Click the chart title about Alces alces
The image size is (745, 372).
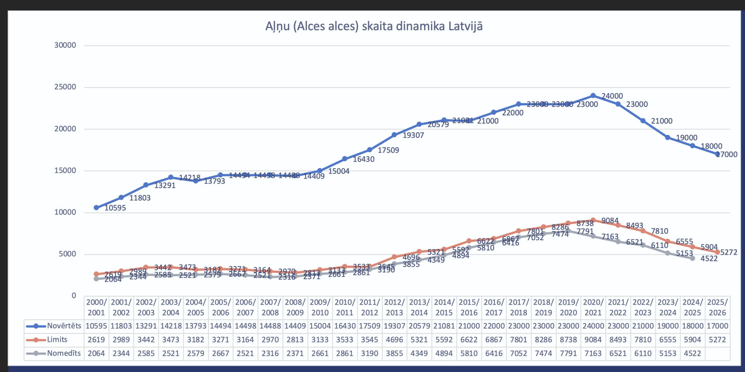tap(374, 27)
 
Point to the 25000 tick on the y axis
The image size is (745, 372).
tap(65, 87)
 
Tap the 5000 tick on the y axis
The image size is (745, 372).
tap(68, 254)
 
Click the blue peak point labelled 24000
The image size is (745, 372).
tap(593, 95)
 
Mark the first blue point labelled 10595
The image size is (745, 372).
tap(96, 208)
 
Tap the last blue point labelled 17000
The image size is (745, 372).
tap(717, 154)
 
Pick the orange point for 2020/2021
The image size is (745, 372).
tap(593, 220)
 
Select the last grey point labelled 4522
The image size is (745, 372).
tap(693, 258)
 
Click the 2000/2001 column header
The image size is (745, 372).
tap(96, 307)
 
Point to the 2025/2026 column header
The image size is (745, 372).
tap(717, 307)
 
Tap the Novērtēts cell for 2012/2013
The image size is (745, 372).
tap(394, 326)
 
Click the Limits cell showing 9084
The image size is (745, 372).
tap(593, 340)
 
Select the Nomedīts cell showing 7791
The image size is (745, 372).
tap(568, 353)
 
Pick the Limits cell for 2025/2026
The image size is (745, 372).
tap(717, 340)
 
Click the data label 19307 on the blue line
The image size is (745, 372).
tap(413, 135)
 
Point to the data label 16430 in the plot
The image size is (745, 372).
tap(363, 159)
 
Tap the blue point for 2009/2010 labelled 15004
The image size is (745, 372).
tap(320, 171)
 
